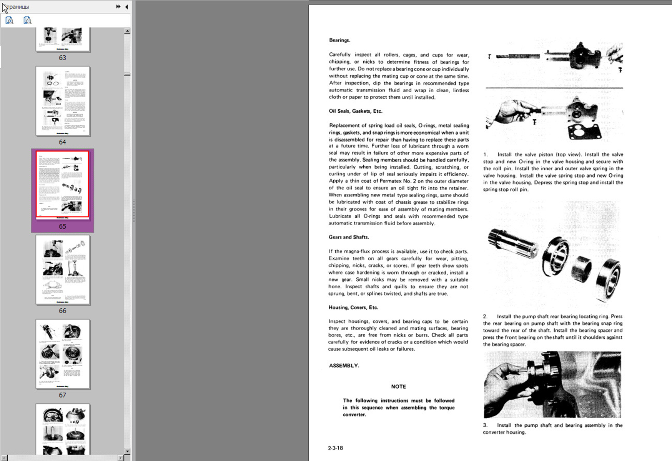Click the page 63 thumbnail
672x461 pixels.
click(63, 39)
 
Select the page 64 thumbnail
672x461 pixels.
click(63, 101)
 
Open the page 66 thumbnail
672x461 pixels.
click(63, 270)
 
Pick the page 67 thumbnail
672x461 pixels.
click(63, 354)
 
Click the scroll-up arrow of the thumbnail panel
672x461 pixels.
click(127, 31)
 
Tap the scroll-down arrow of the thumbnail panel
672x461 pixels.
click(127, 451)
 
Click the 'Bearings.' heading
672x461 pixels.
click(339, 40)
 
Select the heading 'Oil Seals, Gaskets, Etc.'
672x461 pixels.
click(356, 111)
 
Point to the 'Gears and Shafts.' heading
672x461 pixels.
click(349, 237)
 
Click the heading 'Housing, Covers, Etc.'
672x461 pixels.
click(353, 307)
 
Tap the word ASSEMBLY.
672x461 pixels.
click(344, 366)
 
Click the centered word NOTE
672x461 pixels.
click(398, 386)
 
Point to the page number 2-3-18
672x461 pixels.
click(335, 448)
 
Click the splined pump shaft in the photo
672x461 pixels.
click(512, 243)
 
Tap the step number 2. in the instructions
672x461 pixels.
click(486, 316)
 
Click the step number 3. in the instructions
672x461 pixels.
click(486, 425)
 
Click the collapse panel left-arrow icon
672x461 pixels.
click(126, 7)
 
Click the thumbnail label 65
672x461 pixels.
click(63, 226)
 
